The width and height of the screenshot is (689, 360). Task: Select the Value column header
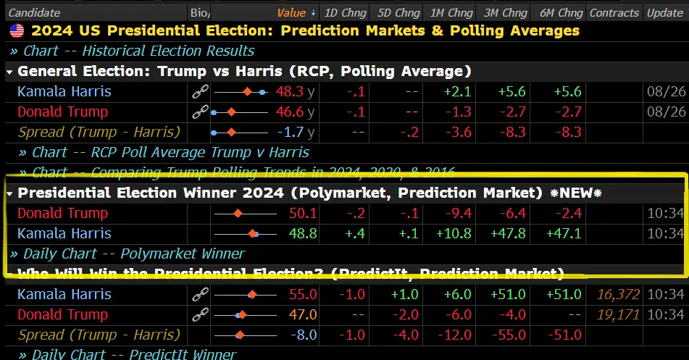click(x=291, y=12)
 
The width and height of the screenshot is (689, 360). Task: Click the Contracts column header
click(x=614, y=12)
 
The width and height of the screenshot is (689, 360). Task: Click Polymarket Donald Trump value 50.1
click(x=303, y=214)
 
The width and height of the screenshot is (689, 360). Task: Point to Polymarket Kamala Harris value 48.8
click(x=303, y=234)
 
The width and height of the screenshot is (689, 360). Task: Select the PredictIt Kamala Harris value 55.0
click(x=303, y=295)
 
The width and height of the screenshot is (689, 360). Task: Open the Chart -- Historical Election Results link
click(x=138, y=51)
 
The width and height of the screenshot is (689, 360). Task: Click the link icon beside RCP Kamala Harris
click(x=200, y=92)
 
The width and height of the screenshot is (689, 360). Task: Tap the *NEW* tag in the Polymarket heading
click(x=576, y=193)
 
